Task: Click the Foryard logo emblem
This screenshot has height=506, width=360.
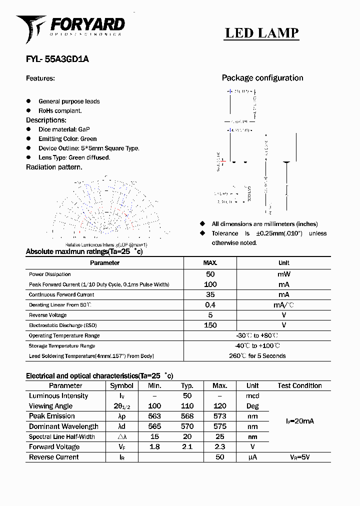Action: [31, 27]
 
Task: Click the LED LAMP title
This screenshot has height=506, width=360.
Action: [261, 33]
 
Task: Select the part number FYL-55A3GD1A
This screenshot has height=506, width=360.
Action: [57, 59]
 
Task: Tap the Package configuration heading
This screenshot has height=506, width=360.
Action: [262, 78]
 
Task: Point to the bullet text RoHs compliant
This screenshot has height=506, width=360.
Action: [60, 110]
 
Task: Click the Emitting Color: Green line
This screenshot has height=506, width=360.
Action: [67, 139]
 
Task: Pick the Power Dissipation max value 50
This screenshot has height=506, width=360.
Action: [210, 274]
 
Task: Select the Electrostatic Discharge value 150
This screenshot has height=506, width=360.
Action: [210, 325]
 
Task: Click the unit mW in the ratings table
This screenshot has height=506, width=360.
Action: [283, 274]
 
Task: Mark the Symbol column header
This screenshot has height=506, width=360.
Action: [121, 386]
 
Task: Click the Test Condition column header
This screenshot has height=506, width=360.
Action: [299, 386]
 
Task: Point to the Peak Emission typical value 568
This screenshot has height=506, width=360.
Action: [187, 416]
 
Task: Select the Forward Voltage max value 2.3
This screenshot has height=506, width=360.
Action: [219, 447]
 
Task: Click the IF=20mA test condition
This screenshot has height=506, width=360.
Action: [299, 421]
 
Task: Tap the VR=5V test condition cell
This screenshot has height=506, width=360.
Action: [299, 457]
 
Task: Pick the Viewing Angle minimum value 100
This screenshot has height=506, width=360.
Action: [154, 406]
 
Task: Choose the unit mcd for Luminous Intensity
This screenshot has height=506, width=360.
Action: [252, 396]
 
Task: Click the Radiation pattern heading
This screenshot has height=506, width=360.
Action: [54, 167]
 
